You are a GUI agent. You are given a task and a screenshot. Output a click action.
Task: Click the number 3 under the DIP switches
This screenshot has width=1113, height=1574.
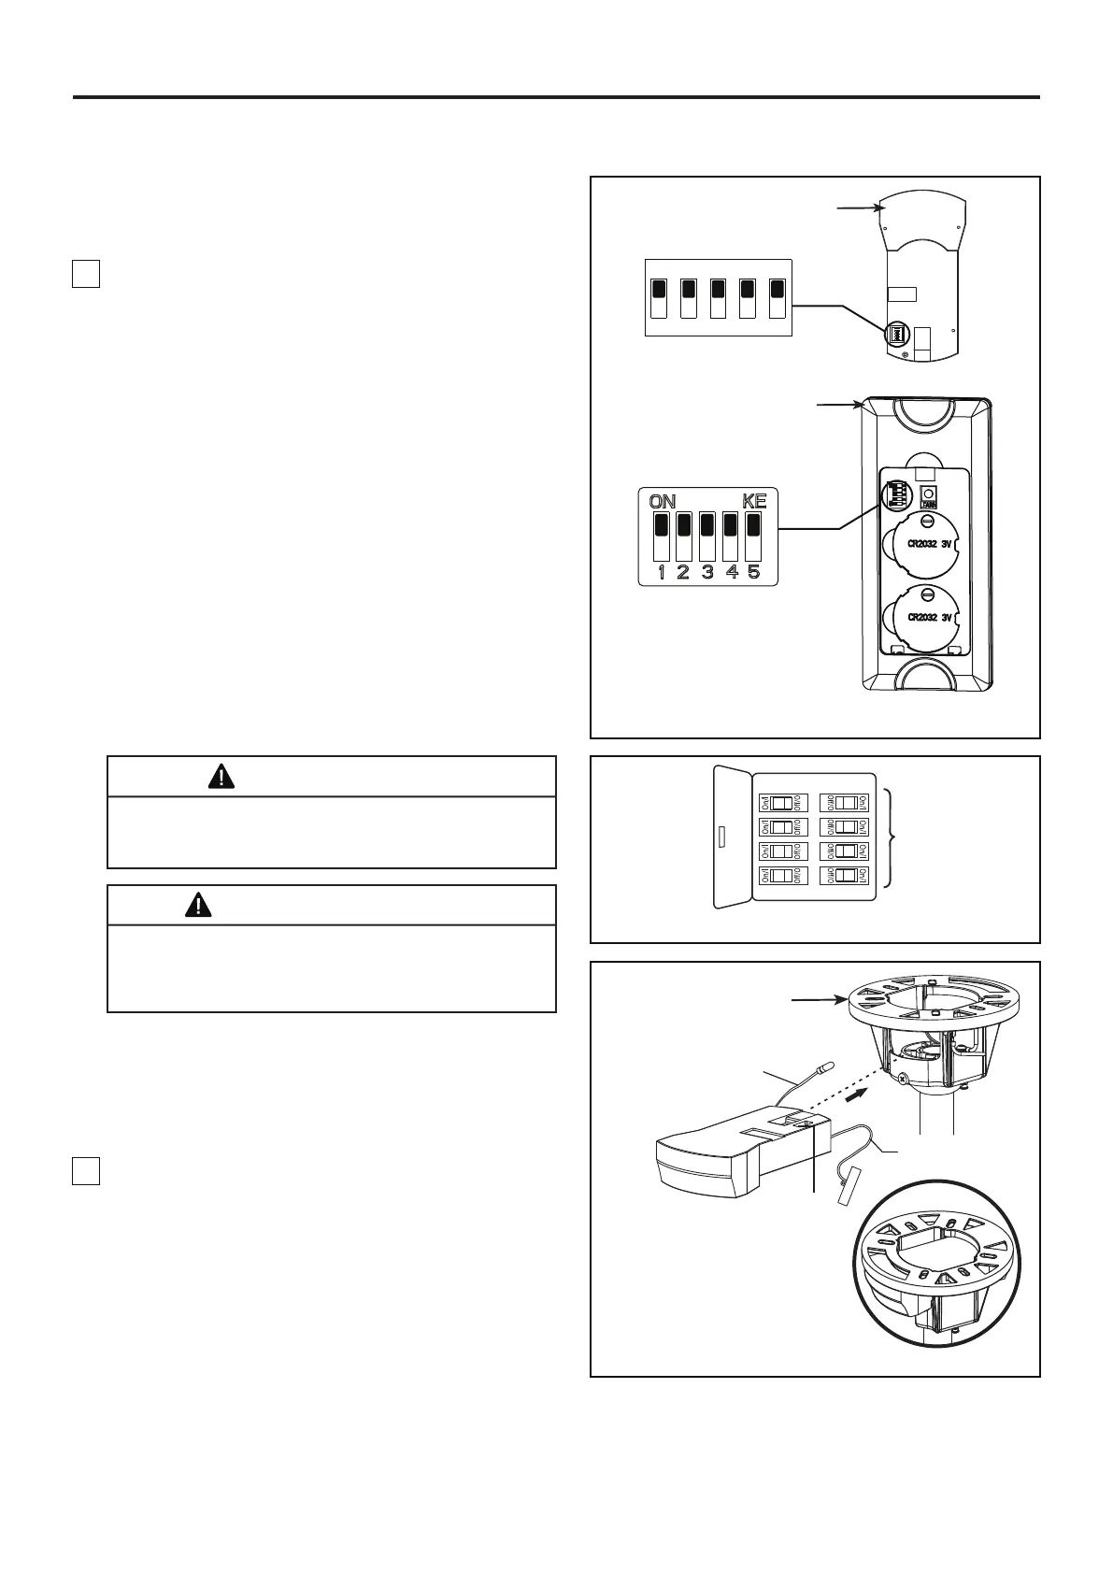click(707, 572)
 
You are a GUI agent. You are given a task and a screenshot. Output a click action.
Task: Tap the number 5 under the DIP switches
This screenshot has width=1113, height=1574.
click(753, 572)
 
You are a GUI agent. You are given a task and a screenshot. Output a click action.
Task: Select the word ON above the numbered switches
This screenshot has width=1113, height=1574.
click(663, 502)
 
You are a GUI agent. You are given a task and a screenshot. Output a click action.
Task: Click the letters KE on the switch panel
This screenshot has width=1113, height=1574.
click(754, 502)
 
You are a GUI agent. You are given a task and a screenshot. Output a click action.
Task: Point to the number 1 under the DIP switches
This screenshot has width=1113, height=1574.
click(662, 572)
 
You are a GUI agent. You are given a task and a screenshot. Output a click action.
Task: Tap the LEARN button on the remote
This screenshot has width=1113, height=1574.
click(929, 497)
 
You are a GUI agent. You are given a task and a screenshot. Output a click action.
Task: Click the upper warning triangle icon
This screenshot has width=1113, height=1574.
click(221, 776)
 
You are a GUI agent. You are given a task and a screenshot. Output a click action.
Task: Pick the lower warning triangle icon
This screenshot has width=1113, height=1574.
click(198, 905)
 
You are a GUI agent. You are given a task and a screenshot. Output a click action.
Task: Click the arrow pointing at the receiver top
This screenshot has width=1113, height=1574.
click(861, 207)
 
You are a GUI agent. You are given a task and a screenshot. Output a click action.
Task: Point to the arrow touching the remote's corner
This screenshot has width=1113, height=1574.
click(840, 405)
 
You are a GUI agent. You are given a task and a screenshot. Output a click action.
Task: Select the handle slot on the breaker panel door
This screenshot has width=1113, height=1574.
click(720, 836)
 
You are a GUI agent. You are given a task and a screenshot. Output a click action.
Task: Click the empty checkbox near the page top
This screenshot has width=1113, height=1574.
click(86, 273)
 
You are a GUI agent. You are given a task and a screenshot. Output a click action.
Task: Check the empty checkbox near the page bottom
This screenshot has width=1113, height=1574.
click(86, 1170)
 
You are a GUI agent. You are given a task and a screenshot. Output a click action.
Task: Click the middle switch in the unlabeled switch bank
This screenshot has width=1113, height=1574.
click(718, 296)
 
